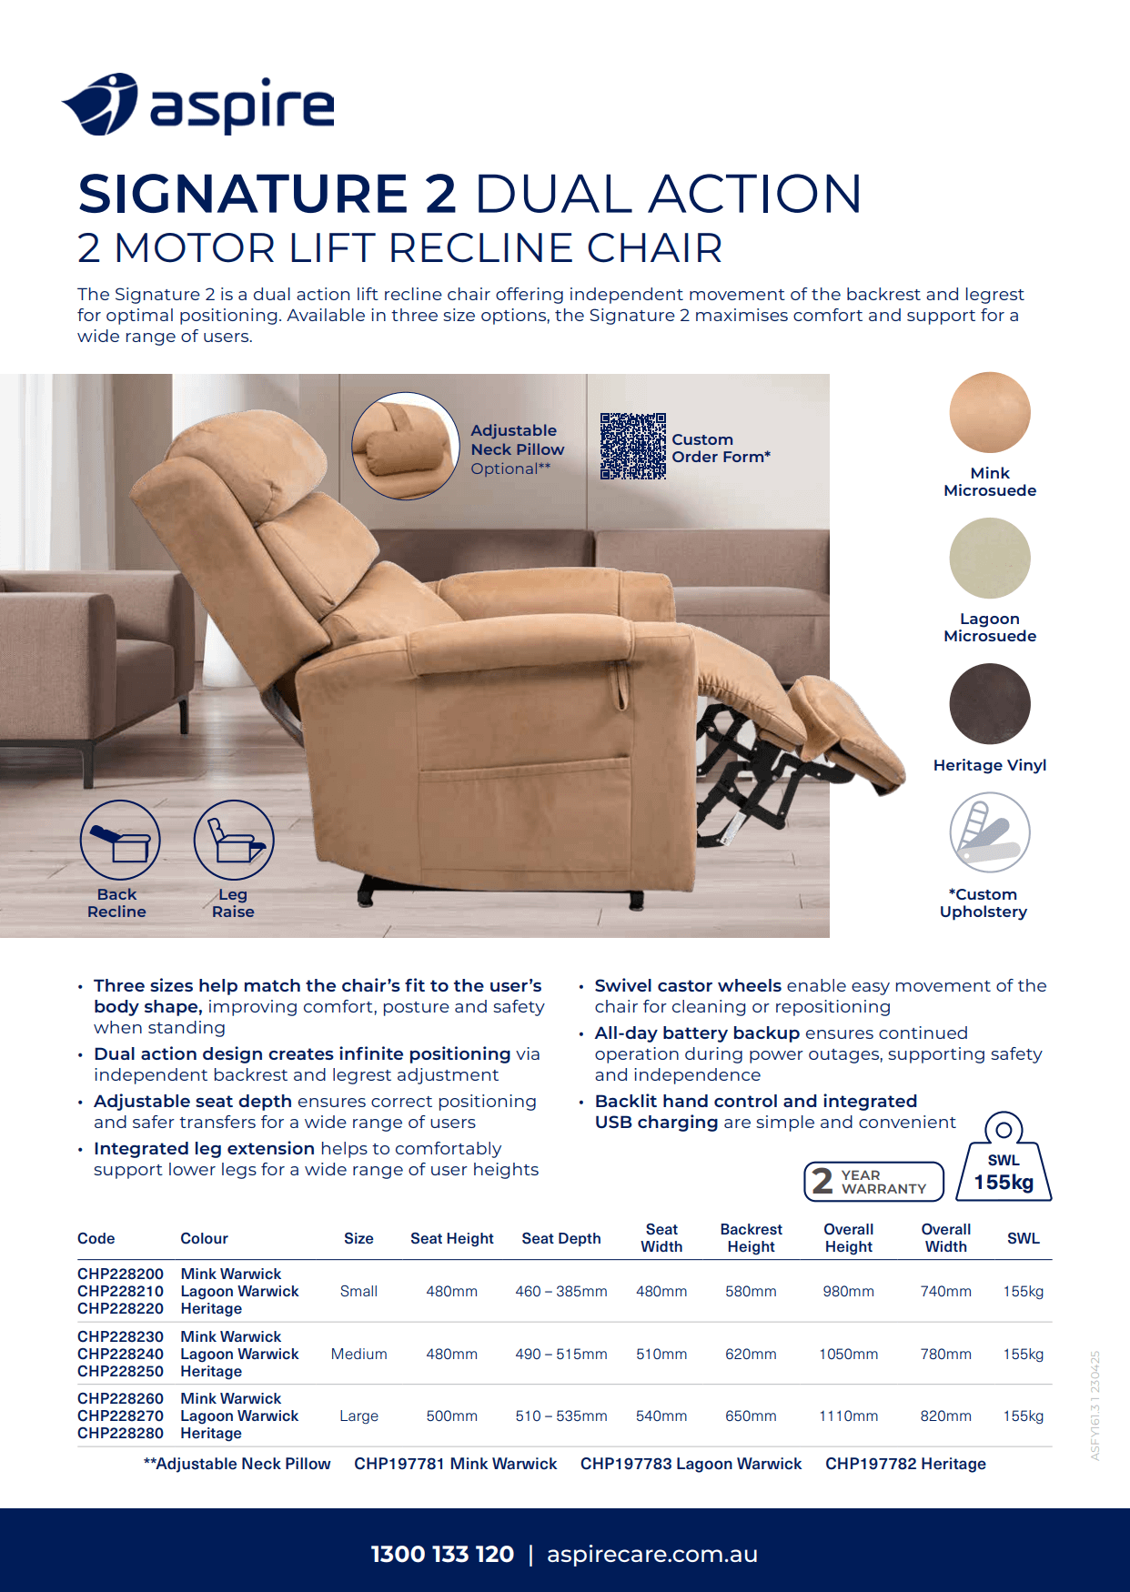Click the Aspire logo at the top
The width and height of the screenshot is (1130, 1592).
[197, 106]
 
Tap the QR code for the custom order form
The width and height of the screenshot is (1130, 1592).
[633, 446]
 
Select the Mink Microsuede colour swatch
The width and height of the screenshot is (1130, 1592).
[990, 412]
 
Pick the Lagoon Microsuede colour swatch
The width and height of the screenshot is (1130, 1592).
[990, 558]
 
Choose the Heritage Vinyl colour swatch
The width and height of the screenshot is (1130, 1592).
[990, 703]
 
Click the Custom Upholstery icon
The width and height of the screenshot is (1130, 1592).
[990, 832]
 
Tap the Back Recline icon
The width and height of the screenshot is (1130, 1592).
[120, 840]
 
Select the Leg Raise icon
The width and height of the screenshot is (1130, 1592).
[234, 840]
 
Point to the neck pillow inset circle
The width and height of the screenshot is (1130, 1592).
[405, 446]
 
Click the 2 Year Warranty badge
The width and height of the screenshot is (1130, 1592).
[873, 1182]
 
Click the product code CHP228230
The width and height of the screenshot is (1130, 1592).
[120, 1336]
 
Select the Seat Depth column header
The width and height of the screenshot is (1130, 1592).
[561, 1238]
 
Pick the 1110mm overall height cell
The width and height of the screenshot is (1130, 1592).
[848, 1416]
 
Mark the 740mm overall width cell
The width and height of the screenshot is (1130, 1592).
[945, 1291]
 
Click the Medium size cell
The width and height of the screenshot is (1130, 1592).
[358, 1354]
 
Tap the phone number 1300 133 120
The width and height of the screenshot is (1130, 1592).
[442, 1554]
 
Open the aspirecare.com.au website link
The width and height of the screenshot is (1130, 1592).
[652, 1554]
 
